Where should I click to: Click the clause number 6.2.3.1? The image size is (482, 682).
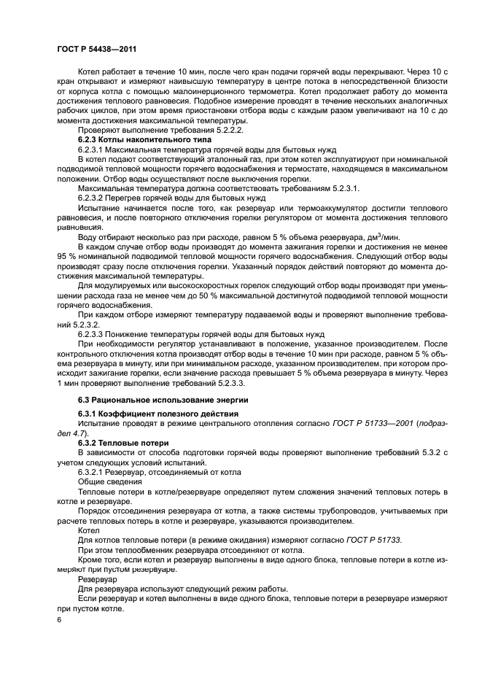point(93,149)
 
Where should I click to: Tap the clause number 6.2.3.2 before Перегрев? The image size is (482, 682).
point(93,197)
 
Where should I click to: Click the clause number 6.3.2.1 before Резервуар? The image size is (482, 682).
point(93,472)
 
